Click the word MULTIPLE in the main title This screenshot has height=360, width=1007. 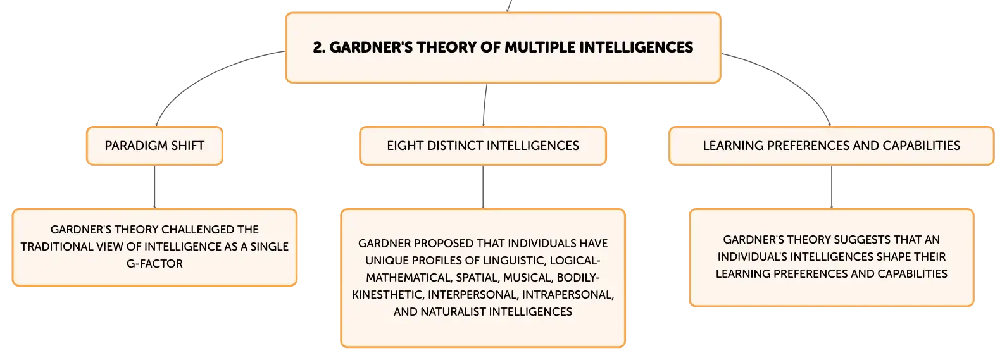tap(539, 47)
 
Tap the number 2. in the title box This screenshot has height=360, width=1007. tap(319, 47)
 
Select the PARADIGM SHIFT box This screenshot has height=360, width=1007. tap(154, 146)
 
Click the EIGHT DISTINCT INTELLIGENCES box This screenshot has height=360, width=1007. tap(483, 146)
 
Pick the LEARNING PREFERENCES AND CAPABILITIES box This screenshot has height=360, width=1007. tap(831, 146)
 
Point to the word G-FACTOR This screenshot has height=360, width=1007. tap(154, 264)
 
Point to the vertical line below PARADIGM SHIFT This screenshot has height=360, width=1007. tap(154, 187)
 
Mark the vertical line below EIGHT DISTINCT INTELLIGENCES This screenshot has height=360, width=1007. tap(483, 187)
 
